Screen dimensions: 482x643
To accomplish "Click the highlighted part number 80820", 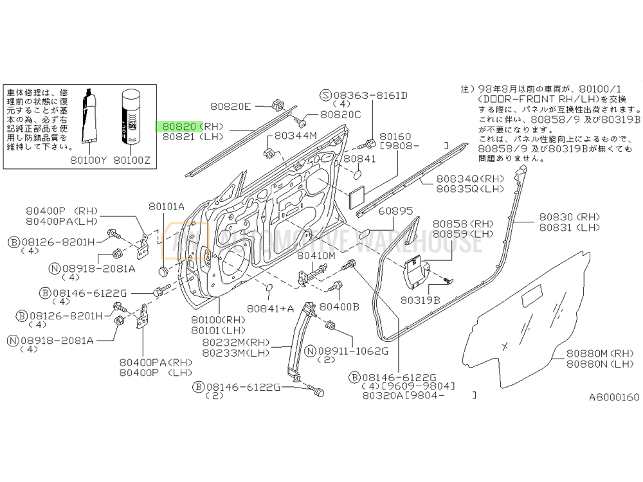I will click(x=179, y=127).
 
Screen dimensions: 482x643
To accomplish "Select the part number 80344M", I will click(x=296, y=136).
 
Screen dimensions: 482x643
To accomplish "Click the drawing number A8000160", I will click(x=613, y=397).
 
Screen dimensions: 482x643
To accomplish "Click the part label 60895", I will click(x=395, y=211).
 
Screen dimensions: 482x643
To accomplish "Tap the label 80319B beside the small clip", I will click(x=420, y=299).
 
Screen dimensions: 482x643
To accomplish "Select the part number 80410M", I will click(x=316, y=255).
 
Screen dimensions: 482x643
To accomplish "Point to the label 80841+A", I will click(x=270, y=308).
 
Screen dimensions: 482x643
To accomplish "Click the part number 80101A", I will click(x=166, y=206).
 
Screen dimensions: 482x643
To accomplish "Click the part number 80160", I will click(x=394, y=137).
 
